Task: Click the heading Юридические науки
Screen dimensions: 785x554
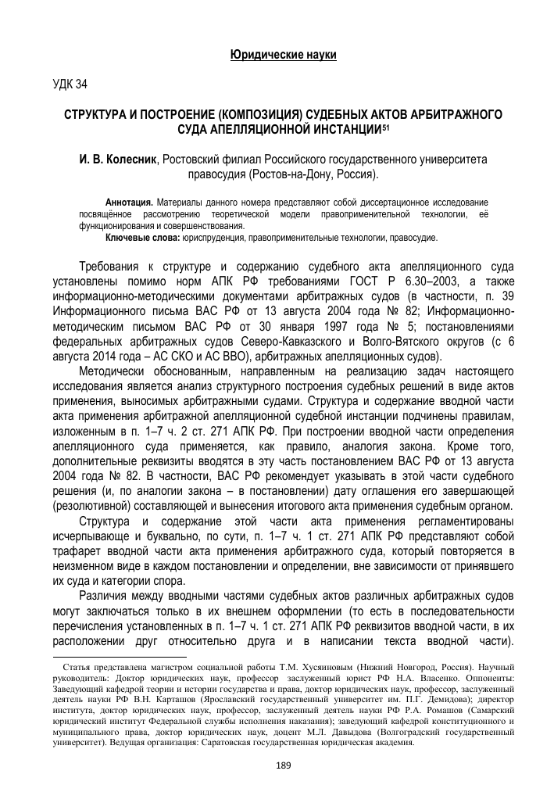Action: (283, 55)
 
